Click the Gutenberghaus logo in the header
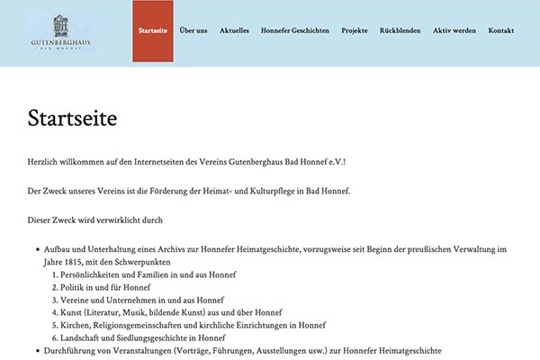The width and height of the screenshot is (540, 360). pos(60,32)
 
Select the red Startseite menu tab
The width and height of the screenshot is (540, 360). pos(153,31)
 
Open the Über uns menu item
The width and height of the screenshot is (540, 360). pos(193,31)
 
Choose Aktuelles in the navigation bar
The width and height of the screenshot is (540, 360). pos(234,31)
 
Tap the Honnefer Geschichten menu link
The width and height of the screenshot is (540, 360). pos(295,31)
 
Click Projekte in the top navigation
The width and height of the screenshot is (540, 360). pos(355,31)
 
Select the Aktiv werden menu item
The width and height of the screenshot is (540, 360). pos(454,31)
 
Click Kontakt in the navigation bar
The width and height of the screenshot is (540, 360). pos(500,31)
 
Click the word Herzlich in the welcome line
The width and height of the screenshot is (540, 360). pos(42,161)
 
